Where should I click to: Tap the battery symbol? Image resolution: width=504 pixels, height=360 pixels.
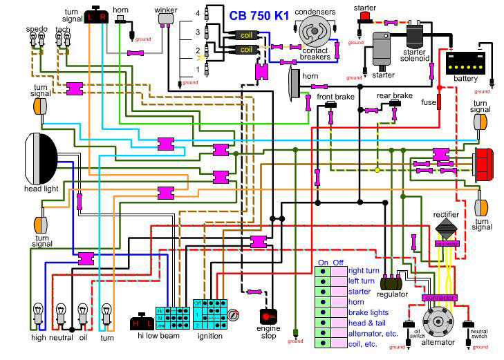point(460,64)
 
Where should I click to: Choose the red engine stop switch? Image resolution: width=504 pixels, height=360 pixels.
point(268,316)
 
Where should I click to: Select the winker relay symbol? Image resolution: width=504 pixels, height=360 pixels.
point(167,20)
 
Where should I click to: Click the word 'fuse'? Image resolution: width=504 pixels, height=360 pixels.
point(429,102)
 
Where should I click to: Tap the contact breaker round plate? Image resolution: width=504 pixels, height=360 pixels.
point(315,32)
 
